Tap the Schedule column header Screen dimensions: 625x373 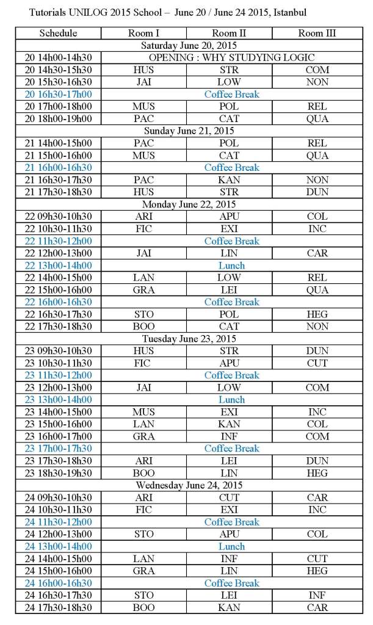[58, 33]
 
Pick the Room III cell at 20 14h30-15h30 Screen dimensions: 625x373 [317, 70]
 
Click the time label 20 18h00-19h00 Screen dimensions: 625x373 [58, 118]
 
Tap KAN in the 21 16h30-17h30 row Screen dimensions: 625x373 [229, 179]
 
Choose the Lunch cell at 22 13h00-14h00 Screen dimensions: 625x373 [231, 266]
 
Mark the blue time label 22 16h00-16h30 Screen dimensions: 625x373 [58, 302]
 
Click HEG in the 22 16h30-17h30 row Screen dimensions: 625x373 [317, 314]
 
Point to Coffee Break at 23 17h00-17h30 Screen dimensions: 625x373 [231, 449]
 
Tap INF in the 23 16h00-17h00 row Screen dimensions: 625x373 [229, 436]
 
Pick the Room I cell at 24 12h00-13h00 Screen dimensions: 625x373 [143, 534]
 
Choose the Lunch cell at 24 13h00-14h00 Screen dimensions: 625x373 [231, 546]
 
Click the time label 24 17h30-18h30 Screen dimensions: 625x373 [58, 607]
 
